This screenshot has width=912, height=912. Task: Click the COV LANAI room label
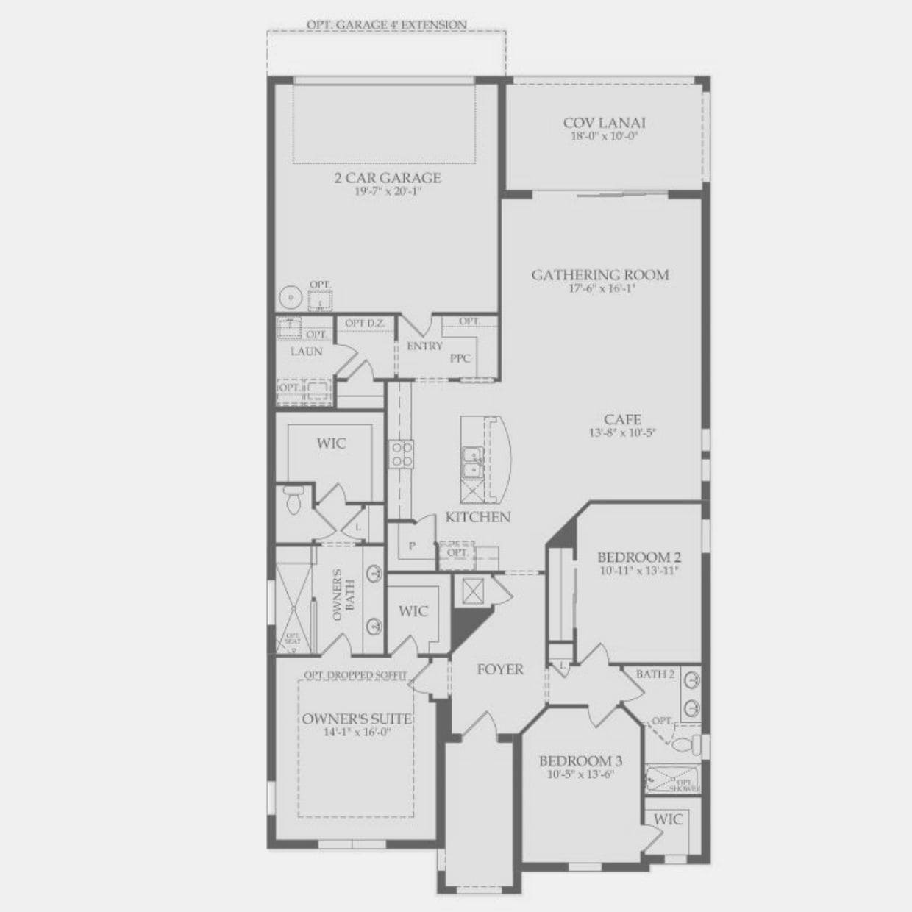604,124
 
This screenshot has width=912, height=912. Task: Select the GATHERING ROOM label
600,275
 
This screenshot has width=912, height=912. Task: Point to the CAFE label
622,420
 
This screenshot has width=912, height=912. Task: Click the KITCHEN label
477,517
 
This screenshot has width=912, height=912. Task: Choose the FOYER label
500,669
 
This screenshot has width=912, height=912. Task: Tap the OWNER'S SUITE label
357,719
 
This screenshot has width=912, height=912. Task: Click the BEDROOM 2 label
633,557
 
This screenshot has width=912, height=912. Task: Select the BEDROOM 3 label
575,761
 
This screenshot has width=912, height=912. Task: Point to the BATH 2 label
655,674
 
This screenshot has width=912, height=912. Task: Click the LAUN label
306,352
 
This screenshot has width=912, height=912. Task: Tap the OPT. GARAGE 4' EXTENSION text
386,25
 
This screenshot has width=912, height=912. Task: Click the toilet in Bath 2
685,744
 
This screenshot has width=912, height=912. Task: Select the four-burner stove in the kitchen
401,453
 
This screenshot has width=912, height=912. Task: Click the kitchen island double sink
471,463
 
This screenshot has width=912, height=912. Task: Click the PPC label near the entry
460,358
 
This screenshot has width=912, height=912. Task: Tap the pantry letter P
412,546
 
